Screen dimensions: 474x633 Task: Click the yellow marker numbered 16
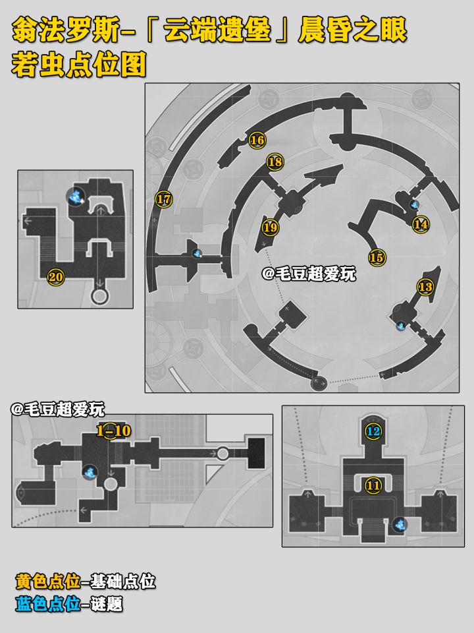point(257,140)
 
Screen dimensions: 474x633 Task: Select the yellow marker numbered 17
point(164,199)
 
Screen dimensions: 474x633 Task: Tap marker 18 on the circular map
point(275,162)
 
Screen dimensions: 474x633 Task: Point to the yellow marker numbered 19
point(271,227)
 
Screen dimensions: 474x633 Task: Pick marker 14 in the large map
point(421,224)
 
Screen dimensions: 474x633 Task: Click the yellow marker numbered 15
point(377,257)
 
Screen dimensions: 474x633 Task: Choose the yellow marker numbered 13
point(425,287)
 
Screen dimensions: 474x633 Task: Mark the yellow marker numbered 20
point(55,277)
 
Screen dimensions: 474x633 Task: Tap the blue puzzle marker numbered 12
point(373,431)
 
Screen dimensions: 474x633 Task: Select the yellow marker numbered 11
point(373,485)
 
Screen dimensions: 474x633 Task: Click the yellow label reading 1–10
point(114,431)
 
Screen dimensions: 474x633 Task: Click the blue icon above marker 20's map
point(75,196)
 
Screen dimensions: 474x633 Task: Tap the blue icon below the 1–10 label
point(90,472)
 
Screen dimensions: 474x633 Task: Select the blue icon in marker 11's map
point(400,525)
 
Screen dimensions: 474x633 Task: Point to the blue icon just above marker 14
point(414,204)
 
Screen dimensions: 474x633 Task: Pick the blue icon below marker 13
point(401,325)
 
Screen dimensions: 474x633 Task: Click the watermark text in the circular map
point(309,274)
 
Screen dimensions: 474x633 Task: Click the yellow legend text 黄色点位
point(47,582)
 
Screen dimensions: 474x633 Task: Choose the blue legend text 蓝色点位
point(47,604)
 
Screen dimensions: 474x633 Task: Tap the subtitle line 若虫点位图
point(78,64)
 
